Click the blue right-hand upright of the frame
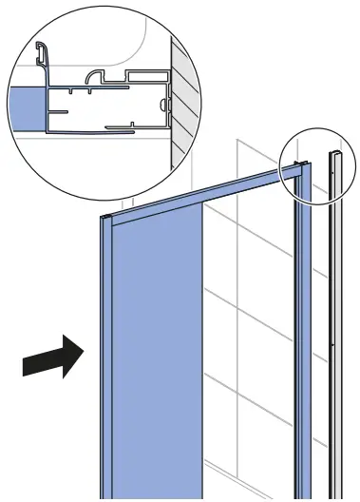[x=303, y=333]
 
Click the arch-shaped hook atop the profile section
[x=95, y=76]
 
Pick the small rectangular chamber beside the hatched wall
[x=146, y=74]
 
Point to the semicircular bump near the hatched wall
[x=165, y=96]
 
